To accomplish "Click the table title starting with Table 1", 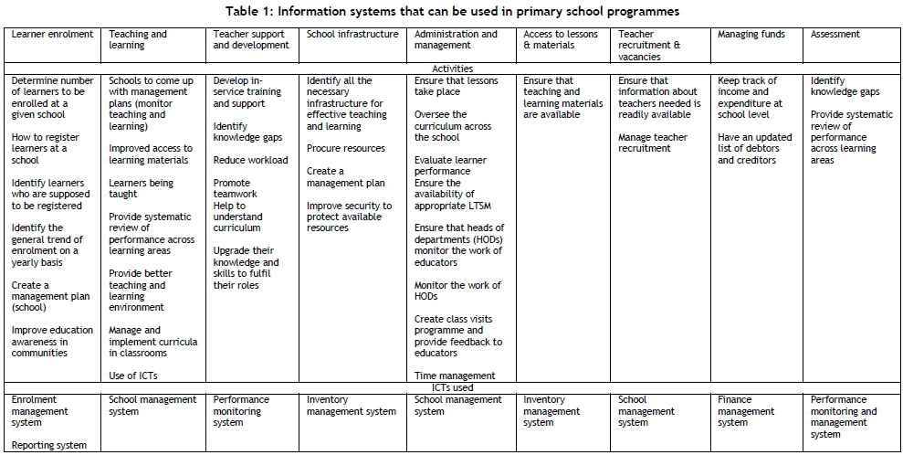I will coord(451,11).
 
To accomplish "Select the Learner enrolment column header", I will coord(52,35).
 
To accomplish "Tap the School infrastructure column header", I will coord(352,35).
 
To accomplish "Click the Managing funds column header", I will coord(751,35).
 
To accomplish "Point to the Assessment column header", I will coord(835,35).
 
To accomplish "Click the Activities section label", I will coord(453,69).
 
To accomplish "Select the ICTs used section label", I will coord(453,387).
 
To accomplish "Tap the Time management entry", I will coord(455,376).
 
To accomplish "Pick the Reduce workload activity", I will coord(250,160).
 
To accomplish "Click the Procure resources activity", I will coord(346,148).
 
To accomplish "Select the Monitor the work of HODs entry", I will coord(457,291).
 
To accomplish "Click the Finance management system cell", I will coord(746,411).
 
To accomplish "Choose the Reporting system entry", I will coord(49,445).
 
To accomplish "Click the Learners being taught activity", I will coord(141,188).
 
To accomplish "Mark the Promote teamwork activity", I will coord(236,188).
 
